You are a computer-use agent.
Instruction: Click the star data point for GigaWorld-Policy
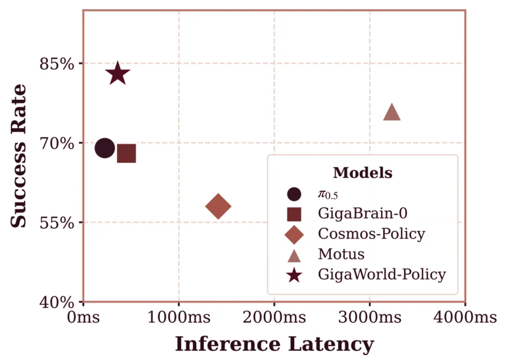point(117,74)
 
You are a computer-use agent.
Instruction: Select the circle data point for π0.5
point(105,148)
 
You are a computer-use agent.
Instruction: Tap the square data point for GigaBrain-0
point(126,154)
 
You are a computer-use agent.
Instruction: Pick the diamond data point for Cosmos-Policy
point(218,206)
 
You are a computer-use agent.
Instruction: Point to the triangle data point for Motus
point(392,113)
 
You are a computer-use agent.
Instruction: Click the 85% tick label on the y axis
point(56,64)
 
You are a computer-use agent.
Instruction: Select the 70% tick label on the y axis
point(56,143)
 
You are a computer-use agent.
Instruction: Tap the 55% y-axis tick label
point(56,222)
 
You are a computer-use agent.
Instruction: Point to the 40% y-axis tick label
point(56,302)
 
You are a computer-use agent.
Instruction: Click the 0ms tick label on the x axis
point(83,317)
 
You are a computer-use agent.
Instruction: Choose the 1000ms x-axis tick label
point(179,317)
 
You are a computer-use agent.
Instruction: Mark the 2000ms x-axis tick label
point(274,317)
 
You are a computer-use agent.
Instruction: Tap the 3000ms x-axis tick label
point(369,317)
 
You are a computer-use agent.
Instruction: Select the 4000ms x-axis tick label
point(465,317)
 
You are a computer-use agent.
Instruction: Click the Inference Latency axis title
point(274,344)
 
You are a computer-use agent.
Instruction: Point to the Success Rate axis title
point(19,155)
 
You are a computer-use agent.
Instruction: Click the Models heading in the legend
point(362,173)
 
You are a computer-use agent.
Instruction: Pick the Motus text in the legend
point(341,254)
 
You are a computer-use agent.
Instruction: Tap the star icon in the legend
point(294,275)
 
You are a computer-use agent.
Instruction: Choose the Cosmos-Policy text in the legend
point(371,234)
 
